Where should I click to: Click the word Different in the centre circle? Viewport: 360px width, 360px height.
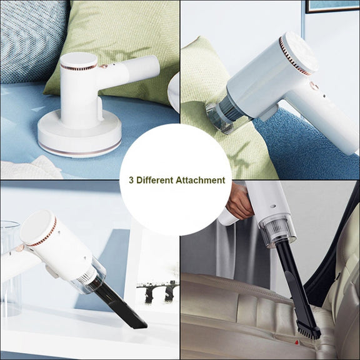(154, 180)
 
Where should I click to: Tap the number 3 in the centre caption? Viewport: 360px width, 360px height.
(131, 180)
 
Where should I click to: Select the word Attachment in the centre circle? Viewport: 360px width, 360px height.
(201, 180)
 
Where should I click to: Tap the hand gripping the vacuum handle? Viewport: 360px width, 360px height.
(239, 202)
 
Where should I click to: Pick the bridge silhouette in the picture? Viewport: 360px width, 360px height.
(157, 291)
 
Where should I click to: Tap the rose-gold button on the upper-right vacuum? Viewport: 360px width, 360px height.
(314, 86)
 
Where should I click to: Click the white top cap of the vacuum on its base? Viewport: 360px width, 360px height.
(79, 60)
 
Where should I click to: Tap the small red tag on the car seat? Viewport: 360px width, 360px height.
(296, 342)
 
